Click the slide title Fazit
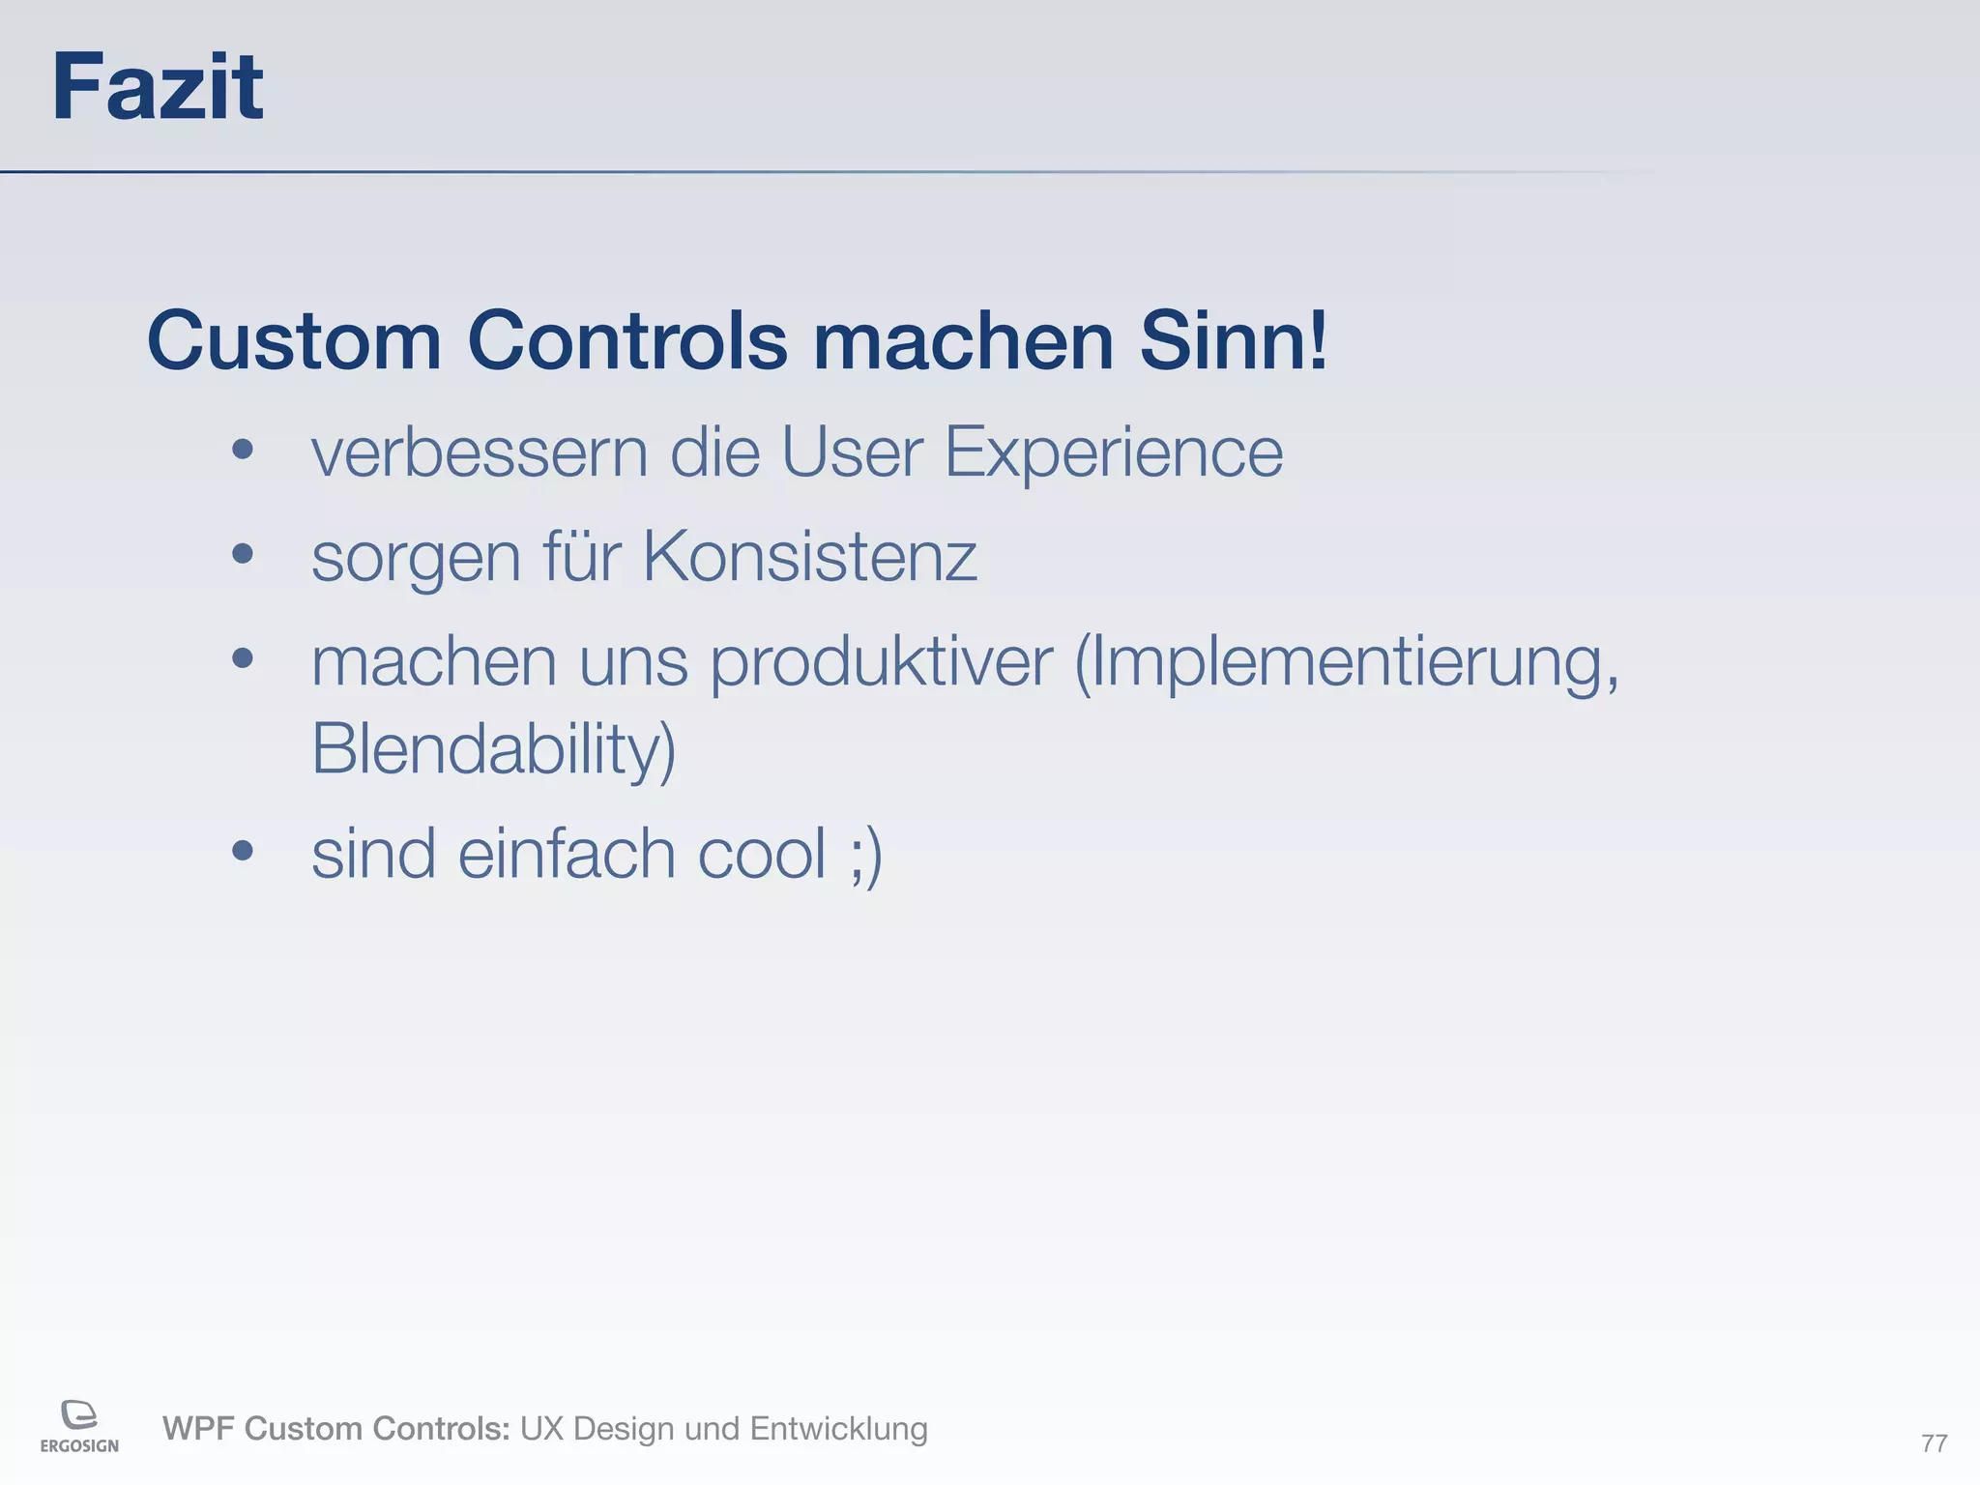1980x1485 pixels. coord(157,88)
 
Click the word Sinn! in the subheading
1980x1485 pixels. coord(1233,340)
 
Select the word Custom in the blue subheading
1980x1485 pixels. coord(294,340)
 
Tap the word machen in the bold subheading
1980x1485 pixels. coord(963,340)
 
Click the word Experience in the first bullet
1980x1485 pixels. coord(1113,452)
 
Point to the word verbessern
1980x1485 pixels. coord(479,452)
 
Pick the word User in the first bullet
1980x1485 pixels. coord(851,452)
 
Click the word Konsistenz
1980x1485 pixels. coord(809,558)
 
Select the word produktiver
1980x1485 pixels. coord(881,664)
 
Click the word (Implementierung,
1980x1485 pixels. coord(1347,664)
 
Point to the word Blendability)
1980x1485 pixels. coord(493,749)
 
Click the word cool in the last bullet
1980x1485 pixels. coord(761,855)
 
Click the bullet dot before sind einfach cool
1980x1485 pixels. coord(243,851)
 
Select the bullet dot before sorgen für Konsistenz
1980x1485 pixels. coord(243,554)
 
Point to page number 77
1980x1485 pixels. coord(1934,1443)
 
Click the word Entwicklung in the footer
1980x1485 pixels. coord(838,1429)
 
